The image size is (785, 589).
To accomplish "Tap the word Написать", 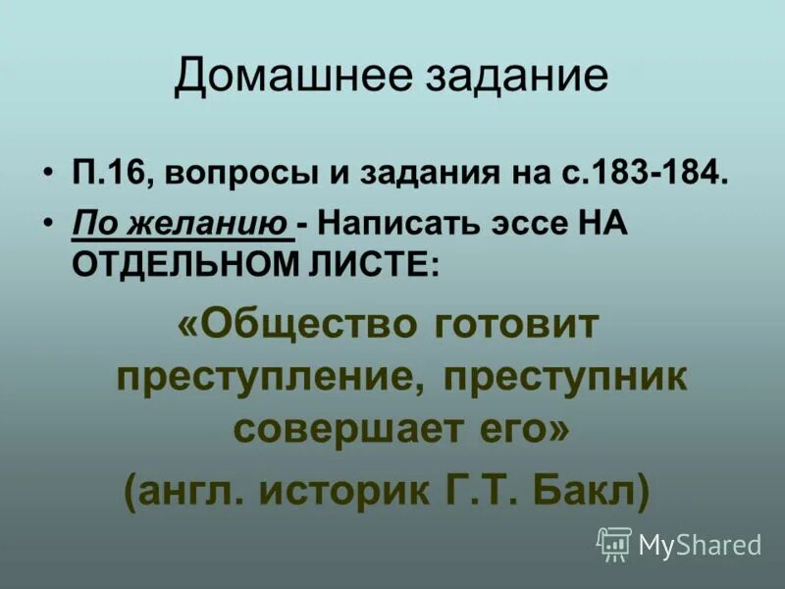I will click(x=390, y=225).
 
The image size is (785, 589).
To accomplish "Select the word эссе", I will click(x=515, y=225).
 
